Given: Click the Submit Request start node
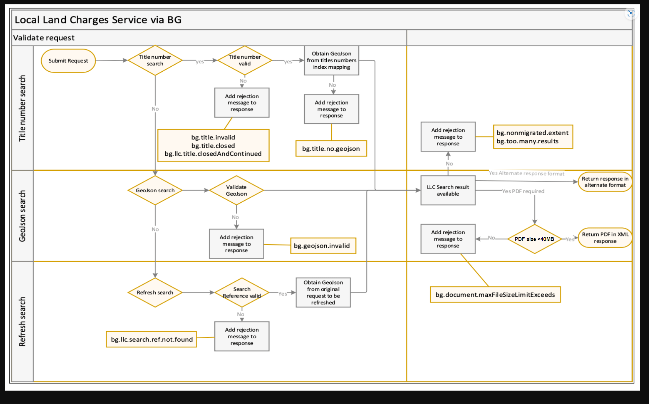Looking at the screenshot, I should click(x=68, y=61).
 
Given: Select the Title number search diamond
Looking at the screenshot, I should click(x=155, y=60).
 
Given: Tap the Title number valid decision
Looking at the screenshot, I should click(x=245, y=60).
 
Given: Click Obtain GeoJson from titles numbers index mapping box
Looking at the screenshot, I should click(x=331, y=60).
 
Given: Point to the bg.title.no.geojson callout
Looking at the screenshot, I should click(x=331, y=148).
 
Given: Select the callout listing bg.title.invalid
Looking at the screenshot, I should click(x=213, y=145).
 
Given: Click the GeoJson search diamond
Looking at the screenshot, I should click(x=155, y=190).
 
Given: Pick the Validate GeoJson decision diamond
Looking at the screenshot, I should click(x=236, y=190).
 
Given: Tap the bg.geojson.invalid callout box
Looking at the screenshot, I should click(x=323, y=246).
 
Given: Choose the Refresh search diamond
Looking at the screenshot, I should click(x=155, y=292).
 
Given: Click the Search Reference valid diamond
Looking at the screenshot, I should click(x=241, y=292).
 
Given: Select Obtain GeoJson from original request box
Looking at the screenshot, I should click(x=323, y=292).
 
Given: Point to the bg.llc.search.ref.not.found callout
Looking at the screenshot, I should click(x=151, y=339).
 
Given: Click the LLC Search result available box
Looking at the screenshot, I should click(x=448, y=190).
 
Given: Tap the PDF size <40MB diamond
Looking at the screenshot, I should click(x=534, y=239).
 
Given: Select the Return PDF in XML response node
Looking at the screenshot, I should click(x=605, y=238).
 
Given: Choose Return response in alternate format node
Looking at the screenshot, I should click(x=605, y=182).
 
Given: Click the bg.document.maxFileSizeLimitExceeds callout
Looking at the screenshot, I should click(x=495, y=294).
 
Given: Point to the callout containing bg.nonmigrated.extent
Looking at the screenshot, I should click(x=533, y=137).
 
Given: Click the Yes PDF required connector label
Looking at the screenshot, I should click(x=523, y=191).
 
